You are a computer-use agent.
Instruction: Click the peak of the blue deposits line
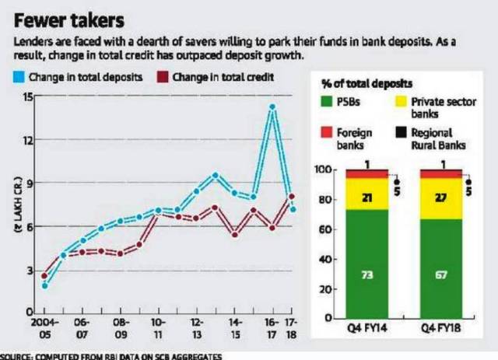272,107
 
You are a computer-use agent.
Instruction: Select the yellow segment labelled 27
441,197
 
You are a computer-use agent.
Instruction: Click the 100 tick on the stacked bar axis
324,170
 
